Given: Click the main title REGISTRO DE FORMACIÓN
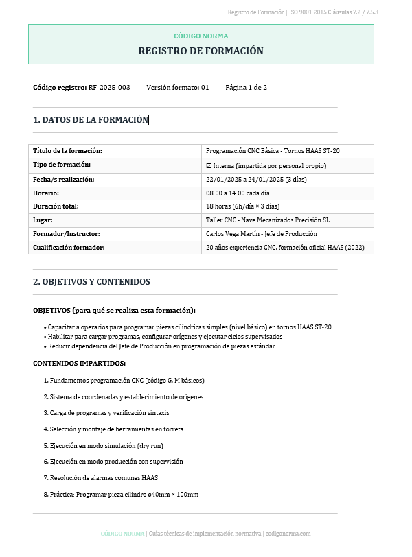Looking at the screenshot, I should tap(201, 51).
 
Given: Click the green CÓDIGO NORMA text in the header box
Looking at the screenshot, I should tap(201, 36).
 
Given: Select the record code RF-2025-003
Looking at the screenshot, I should tap(109, 88).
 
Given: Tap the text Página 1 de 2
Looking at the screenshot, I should tap(246, 88).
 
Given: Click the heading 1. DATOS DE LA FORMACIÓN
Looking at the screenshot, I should tap(90, 119).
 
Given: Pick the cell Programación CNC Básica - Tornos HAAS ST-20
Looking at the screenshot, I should tap(273, 151).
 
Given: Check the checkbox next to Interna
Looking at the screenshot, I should tap(209, 165).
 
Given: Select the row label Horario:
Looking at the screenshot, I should tap(46, 193).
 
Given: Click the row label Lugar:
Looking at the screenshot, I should tap(43, 220).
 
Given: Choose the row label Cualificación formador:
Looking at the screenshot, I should tap(69, 247).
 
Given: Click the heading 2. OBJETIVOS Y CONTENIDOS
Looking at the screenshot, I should tap(91, 282).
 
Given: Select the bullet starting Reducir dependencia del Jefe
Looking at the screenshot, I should tap(161, 346).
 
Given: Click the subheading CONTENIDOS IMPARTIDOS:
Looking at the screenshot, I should tap(79, 363).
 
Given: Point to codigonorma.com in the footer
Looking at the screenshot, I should tap(288, 534).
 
